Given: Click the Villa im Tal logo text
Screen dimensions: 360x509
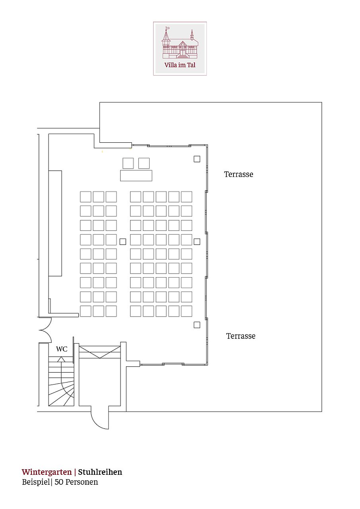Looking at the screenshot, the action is click(180, 65).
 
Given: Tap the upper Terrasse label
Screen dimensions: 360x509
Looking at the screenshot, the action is click(239, 174).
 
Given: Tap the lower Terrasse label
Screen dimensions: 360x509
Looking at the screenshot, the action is click(241, 336).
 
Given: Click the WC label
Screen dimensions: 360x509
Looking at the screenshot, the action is click(62, 349).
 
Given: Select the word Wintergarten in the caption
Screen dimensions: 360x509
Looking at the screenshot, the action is click(47, 472).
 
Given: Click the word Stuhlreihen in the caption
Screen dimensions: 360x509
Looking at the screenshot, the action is click(100, 472).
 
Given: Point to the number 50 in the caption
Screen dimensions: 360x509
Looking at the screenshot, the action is click(59, 482).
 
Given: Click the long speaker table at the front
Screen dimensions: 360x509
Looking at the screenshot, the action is click(136, 175).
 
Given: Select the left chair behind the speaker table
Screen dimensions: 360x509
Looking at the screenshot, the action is click(128, 163).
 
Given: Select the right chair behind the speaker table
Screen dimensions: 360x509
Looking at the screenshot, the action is click(144, 163).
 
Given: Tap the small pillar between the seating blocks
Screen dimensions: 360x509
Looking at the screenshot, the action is click(123, 241).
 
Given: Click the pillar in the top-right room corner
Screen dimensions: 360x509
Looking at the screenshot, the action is click(197, 159).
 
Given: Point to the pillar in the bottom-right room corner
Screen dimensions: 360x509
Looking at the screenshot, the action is click(197, 325).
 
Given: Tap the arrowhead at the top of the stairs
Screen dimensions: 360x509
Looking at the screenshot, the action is click(61, 359).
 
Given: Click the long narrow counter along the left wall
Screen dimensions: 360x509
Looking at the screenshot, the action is click(55, 223).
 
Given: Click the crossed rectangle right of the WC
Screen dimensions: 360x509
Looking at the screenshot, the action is click(99, 352).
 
